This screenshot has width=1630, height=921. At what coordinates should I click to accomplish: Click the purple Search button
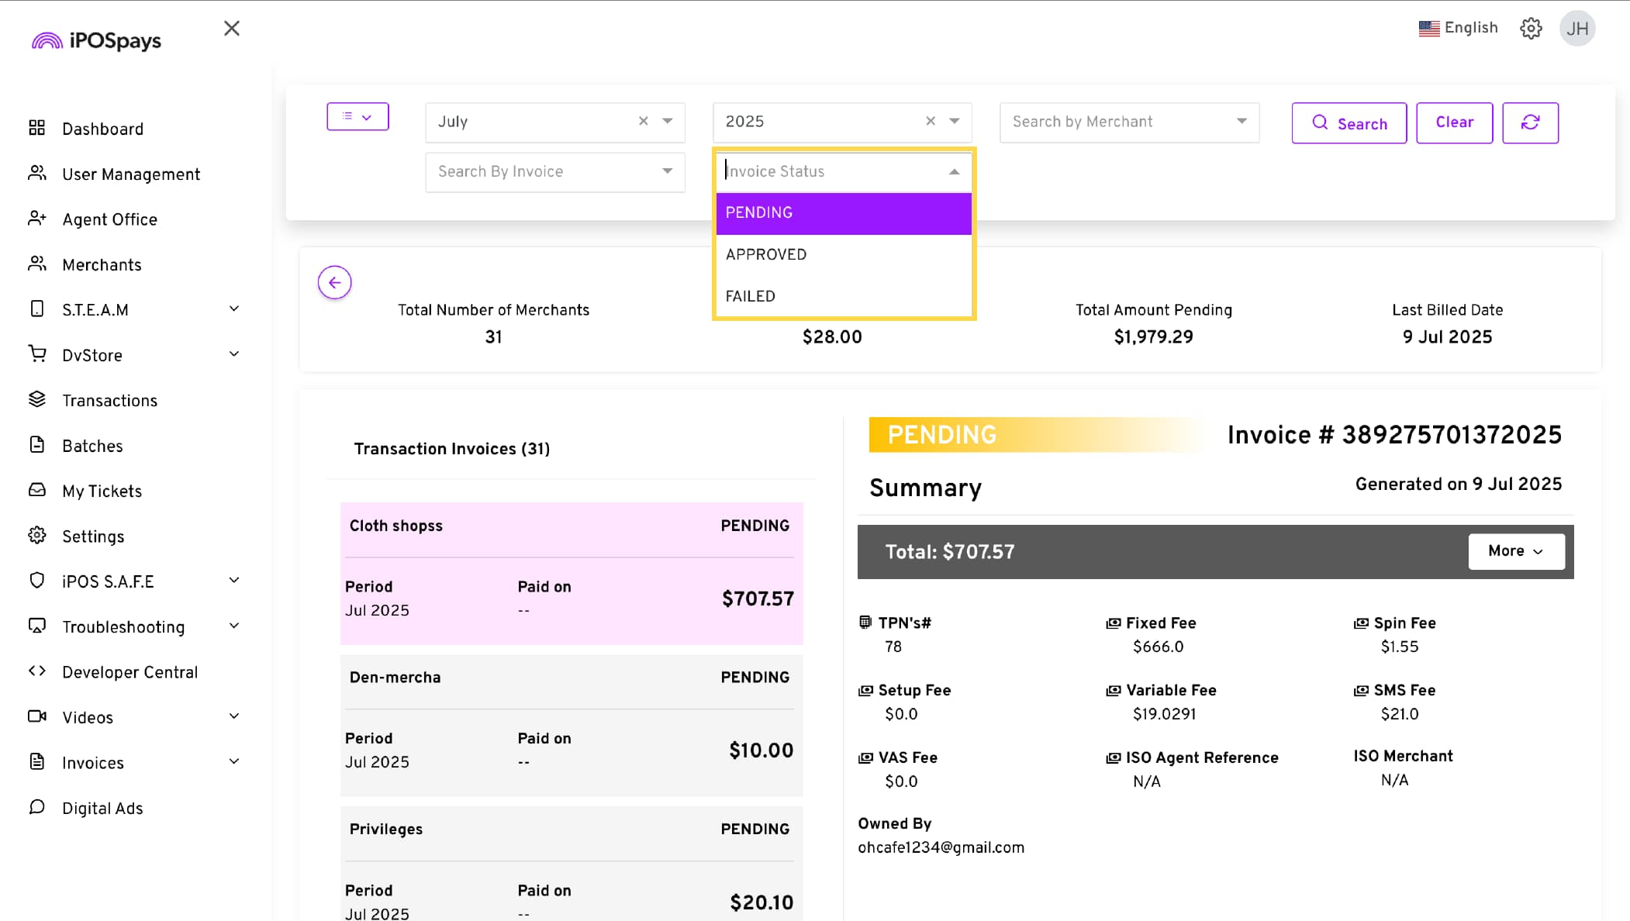point(1349,123)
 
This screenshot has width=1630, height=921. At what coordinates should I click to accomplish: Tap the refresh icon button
point(1530,122)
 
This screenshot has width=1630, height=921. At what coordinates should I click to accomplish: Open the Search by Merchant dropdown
point(1129,122)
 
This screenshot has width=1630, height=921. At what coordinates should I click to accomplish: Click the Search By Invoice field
point(554,171)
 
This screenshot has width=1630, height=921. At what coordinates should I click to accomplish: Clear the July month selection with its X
point(643,121)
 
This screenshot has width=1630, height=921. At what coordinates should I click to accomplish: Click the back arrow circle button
point(334,282)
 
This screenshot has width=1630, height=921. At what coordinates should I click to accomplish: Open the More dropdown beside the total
point(1515,551)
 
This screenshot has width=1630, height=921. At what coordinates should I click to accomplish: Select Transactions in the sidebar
point(109,401)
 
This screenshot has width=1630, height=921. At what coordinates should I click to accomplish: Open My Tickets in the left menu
point(102,492)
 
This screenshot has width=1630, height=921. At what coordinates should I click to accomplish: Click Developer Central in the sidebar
point(130,672)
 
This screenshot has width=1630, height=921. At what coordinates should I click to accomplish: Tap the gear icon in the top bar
point(1530,29)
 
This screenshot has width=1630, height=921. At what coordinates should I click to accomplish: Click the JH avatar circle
point(1576,29)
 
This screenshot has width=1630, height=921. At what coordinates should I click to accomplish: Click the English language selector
point(1458,28)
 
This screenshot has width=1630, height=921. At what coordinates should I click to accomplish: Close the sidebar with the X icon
point(231,29)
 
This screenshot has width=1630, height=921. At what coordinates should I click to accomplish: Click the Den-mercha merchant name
point(395,678)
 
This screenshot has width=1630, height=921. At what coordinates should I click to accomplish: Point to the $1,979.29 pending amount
point(1153,337)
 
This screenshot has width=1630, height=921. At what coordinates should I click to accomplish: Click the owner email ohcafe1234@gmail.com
point(941,847)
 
